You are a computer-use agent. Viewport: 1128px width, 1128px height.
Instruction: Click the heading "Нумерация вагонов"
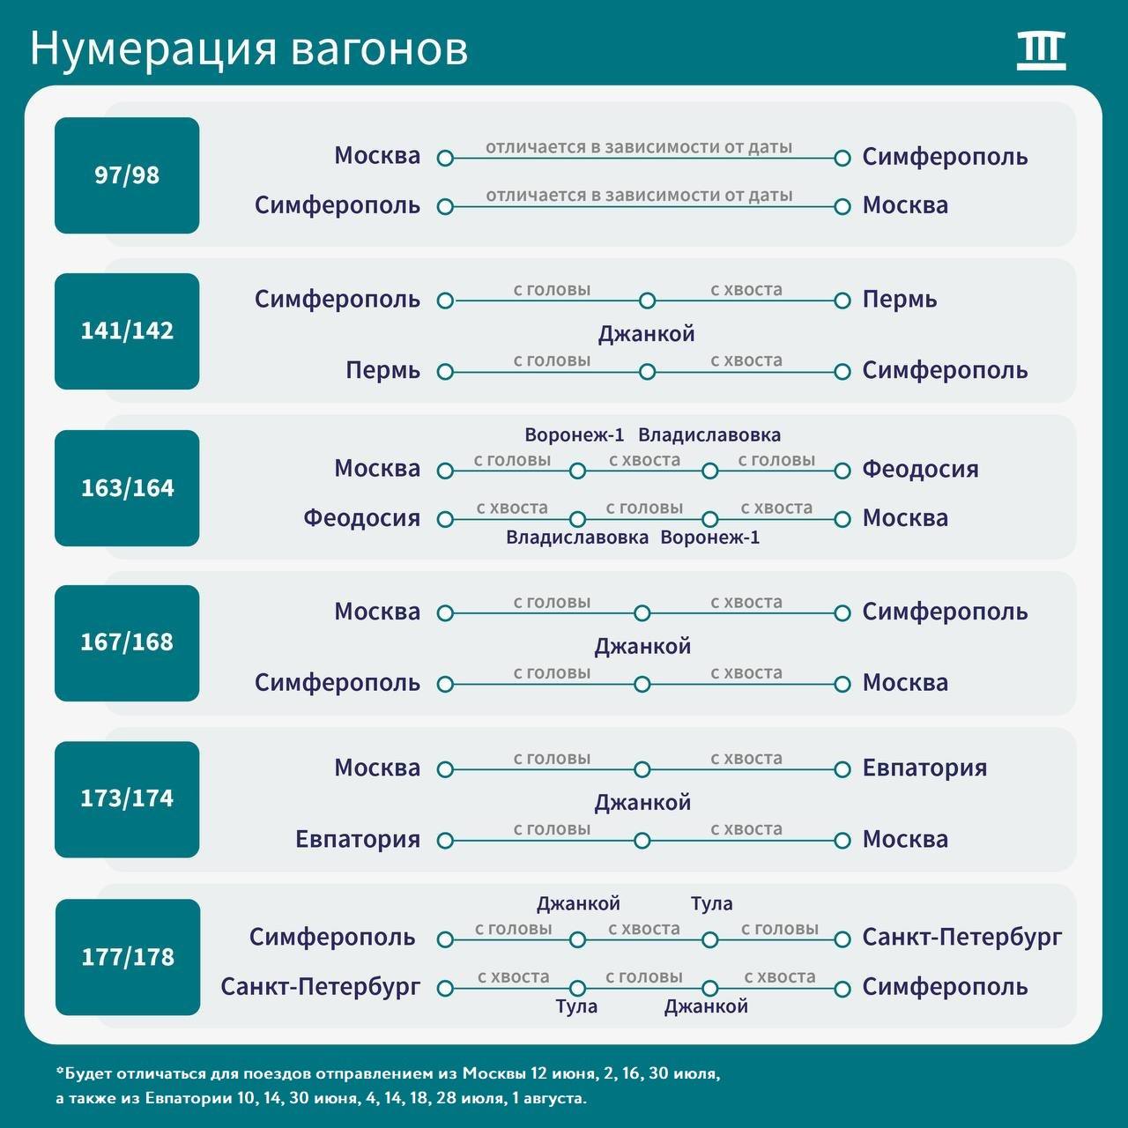point(249,48)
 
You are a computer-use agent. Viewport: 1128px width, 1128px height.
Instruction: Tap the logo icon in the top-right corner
point(1041,51)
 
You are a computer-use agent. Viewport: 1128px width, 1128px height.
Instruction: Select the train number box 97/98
point(127,175)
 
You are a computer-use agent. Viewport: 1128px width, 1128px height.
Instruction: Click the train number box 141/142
point(127,331)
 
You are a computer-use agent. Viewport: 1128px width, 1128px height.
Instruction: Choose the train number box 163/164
point(127,488)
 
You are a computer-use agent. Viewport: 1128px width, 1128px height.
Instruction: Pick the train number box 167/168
point(127,642)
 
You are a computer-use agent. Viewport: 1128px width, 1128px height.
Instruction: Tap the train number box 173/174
point(127,799)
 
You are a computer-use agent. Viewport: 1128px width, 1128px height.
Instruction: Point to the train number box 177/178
point(128,957)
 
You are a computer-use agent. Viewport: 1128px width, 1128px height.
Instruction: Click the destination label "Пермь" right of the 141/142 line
point(900,300)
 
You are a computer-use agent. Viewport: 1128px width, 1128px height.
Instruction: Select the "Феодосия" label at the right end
point(920,470)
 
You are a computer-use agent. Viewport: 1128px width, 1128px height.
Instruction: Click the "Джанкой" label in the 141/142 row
point(646,334)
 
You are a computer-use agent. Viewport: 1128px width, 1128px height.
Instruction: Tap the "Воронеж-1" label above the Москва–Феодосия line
point(575,435)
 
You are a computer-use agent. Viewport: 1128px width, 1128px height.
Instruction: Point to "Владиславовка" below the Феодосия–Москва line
point(577,538)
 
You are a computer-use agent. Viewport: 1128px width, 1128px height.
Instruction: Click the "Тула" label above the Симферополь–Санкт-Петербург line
point(712,904)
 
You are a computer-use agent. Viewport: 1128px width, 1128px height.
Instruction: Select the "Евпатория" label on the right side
point(925,768)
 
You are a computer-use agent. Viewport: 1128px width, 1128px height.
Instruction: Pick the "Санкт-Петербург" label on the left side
point(320,987)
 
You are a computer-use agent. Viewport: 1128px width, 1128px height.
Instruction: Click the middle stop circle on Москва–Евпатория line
point(642,769)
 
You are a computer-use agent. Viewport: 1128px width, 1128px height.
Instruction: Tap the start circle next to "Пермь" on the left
point(445,372)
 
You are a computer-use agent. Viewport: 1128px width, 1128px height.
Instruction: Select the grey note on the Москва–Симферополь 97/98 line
point(639,147)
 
